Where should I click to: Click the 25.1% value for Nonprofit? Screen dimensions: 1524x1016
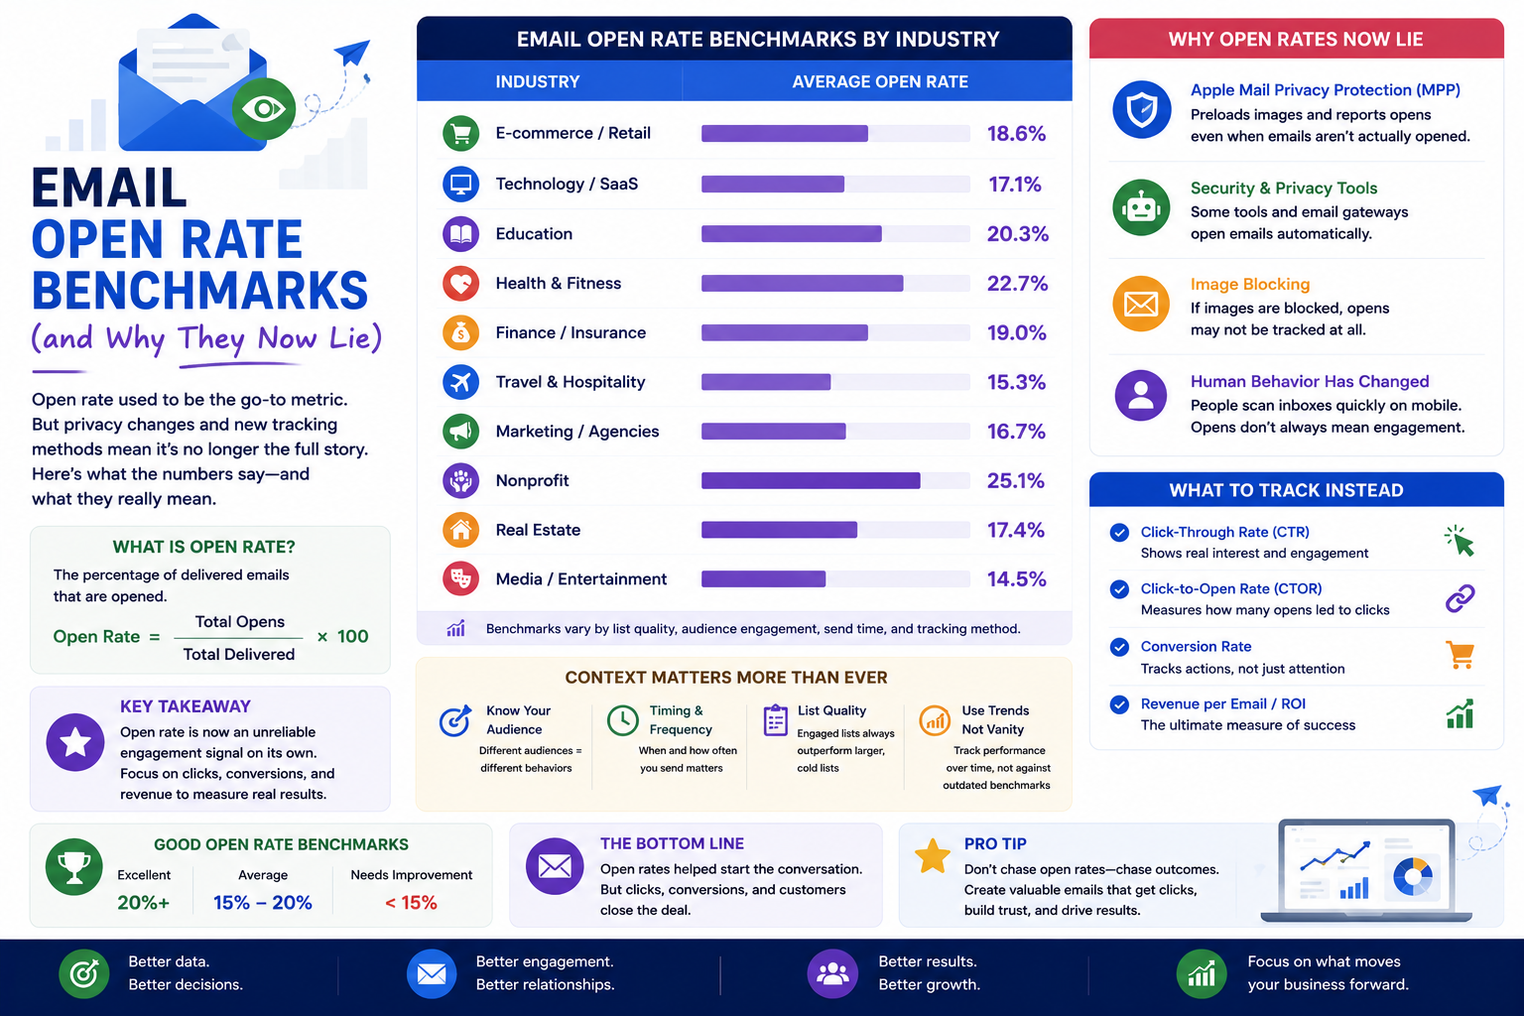1016,480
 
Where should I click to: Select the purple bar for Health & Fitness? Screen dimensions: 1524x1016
802,283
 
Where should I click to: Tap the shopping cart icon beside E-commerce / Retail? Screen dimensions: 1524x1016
460,133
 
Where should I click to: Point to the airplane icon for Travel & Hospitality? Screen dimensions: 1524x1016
460,382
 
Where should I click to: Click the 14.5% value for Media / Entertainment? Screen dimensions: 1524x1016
1016,579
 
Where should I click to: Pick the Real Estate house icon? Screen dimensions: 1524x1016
460,530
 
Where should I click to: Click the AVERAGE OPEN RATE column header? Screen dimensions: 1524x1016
880,81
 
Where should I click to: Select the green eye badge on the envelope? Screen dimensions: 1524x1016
263,109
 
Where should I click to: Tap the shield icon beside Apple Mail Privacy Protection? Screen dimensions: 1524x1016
1142,109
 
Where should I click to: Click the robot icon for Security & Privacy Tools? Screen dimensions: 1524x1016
1142,207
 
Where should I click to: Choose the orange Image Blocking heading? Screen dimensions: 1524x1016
1250,284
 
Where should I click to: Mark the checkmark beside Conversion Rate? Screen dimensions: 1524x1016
1119,647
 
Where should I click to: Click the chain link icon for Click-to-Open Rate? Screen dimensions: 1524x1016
1460,598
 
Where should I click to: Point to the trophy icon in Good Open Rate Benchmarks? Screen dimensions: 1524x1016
74,866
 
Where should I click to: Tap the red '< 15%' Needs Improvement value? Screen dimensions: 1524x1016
411,902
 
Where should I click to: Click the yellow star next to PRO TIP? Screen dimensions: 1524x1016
932,855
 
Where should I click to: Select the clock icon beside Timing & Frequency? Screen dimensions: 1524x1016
622,720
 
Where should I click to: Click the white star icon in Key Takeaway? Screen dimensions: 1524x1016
74,742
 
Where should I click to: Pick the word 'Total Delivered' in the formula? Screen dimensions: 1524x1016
239,654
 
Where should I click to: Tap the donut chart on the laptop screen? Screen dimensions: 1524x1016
1413,876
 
